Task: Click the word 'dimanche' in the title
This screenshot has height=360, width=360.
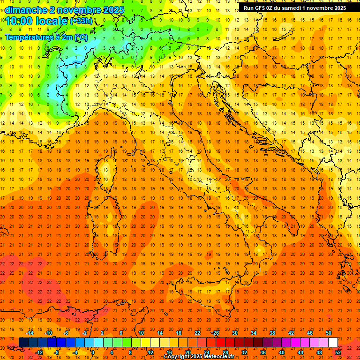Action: coord(26,10)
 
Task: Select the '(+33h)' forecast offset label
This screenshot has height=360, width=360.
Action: coord(81,21)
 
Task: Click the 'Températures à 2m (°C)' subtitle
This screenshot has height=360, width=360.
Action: coord(46,37)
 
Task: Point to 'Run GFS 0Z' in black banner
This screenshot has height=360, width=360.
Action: coord(261,7)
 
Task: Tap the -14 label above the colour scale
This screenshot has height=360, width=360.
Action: coord(30,333)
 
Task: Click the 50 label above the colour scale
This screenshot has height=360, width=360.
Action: coord(329,333)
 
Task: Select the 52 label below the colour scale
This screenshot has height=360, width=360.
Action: coord(338,352)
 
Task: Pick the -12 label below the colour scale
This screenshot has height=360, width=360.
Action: coord(39,352)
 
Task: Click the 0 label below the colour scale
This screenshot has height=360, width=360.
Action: coord(93,352)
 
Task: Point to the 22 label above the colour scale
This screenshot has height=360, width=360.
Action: coord(197,333)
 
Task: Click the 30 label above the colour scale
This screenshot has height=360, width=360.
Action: coord(235,333)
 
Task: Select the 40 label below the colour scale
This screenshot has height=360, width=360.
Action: coord(282,352)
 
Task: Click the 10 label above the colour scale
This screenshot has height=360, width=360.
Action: coord(141,333)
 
